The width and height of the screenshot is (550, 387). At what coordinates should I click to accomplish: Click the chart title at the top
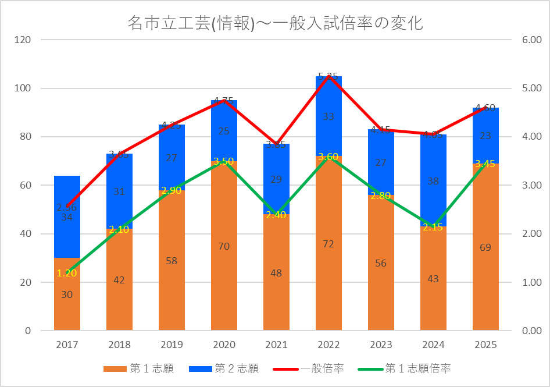pyautogui.click(x=275, y=23)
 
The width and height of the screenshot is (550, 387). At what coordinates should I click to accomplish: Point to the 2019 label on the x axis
pyautogui.click(x=172, y=345)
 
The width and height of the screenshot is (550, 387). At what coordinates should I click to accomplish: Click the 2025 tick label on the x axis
pyautogui.click(x=485, y=345)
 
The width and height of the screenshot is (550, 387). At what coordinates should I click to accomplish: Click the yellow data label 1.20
pyautogui.click(x=67, y=273)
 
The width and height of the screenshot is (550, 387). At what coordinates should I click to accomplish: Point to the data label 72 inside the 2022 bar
pyautogui.click(x=328, y=244)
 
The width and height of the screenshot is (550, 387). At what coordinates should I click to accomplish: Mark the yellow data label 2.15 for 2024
pyautogui.click(x=433, y=228)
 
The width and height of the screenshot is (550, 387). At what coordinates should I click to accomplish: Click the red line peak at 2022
pyautogui.click(x=328, y=76)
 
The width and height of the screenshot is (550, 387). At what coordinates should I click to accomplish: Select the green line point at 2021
pyautogui.click(x=276, y=215)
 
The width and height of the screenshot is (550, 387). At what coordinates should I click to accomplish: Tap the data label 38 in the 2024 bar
pyautogui.click(x=433, y=181)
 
